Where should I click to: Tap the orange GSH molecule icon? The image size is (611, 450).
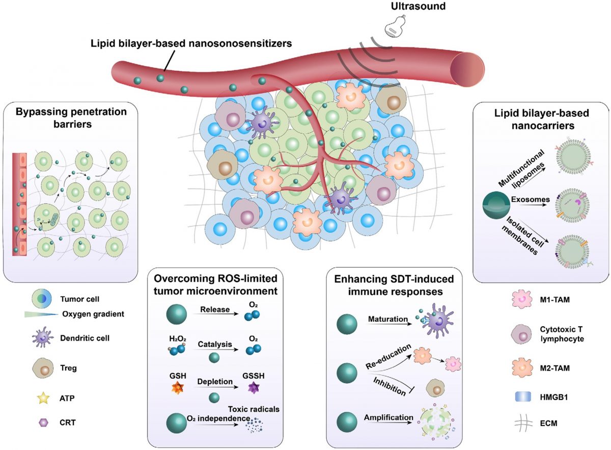pyautogui.click(x=174, y=390)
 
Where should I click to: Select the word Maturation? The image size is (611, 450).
pyautogui.click(x=388, y=320)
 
